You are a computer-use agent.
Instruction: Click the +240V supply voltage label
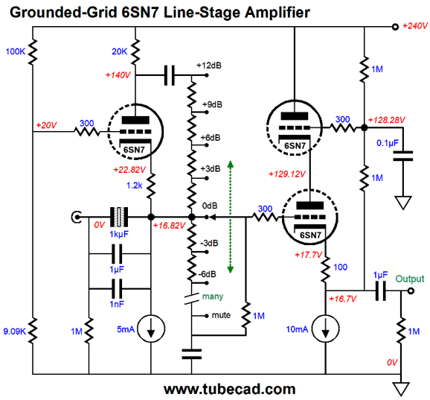click(414, 26)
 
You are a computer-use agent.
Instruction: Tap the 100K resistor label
click(16, 51)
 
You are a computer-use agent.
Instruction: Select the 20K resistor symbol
click(135, 52)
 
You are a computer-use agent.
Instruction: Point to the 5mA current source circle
click(151, 328)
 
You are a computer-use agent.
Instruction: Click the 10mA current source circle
click(326, 328)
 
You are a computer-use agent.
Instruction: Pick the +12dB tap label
click(209, 66)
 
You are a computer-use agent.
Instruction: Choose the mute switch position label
click(221, 315)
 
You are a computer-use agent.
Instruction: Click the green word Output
click(410, 279)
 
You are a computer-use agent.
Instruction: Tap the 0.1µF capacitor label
click(388, 143)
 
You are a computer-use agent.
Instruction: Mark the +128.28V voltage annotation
click(386, 120)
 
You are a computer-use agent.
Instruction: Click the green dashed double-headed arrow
click(231, 217)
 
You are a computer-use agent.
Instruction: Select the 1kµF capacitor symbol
click(119, 217)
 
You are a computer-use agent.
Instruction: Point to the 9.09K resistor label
click(15, 331)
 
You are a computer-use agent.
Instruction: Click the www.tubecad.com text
click(230, 389)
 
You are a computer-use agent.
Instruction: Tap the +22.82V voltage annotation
click(129, 170)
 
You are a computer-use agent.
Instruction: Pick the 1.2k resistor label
click(135, 185)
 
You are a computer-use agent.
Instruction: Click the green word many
click(213, 296)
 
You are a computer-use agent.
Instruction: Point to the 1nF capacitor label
click(117, 304)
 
